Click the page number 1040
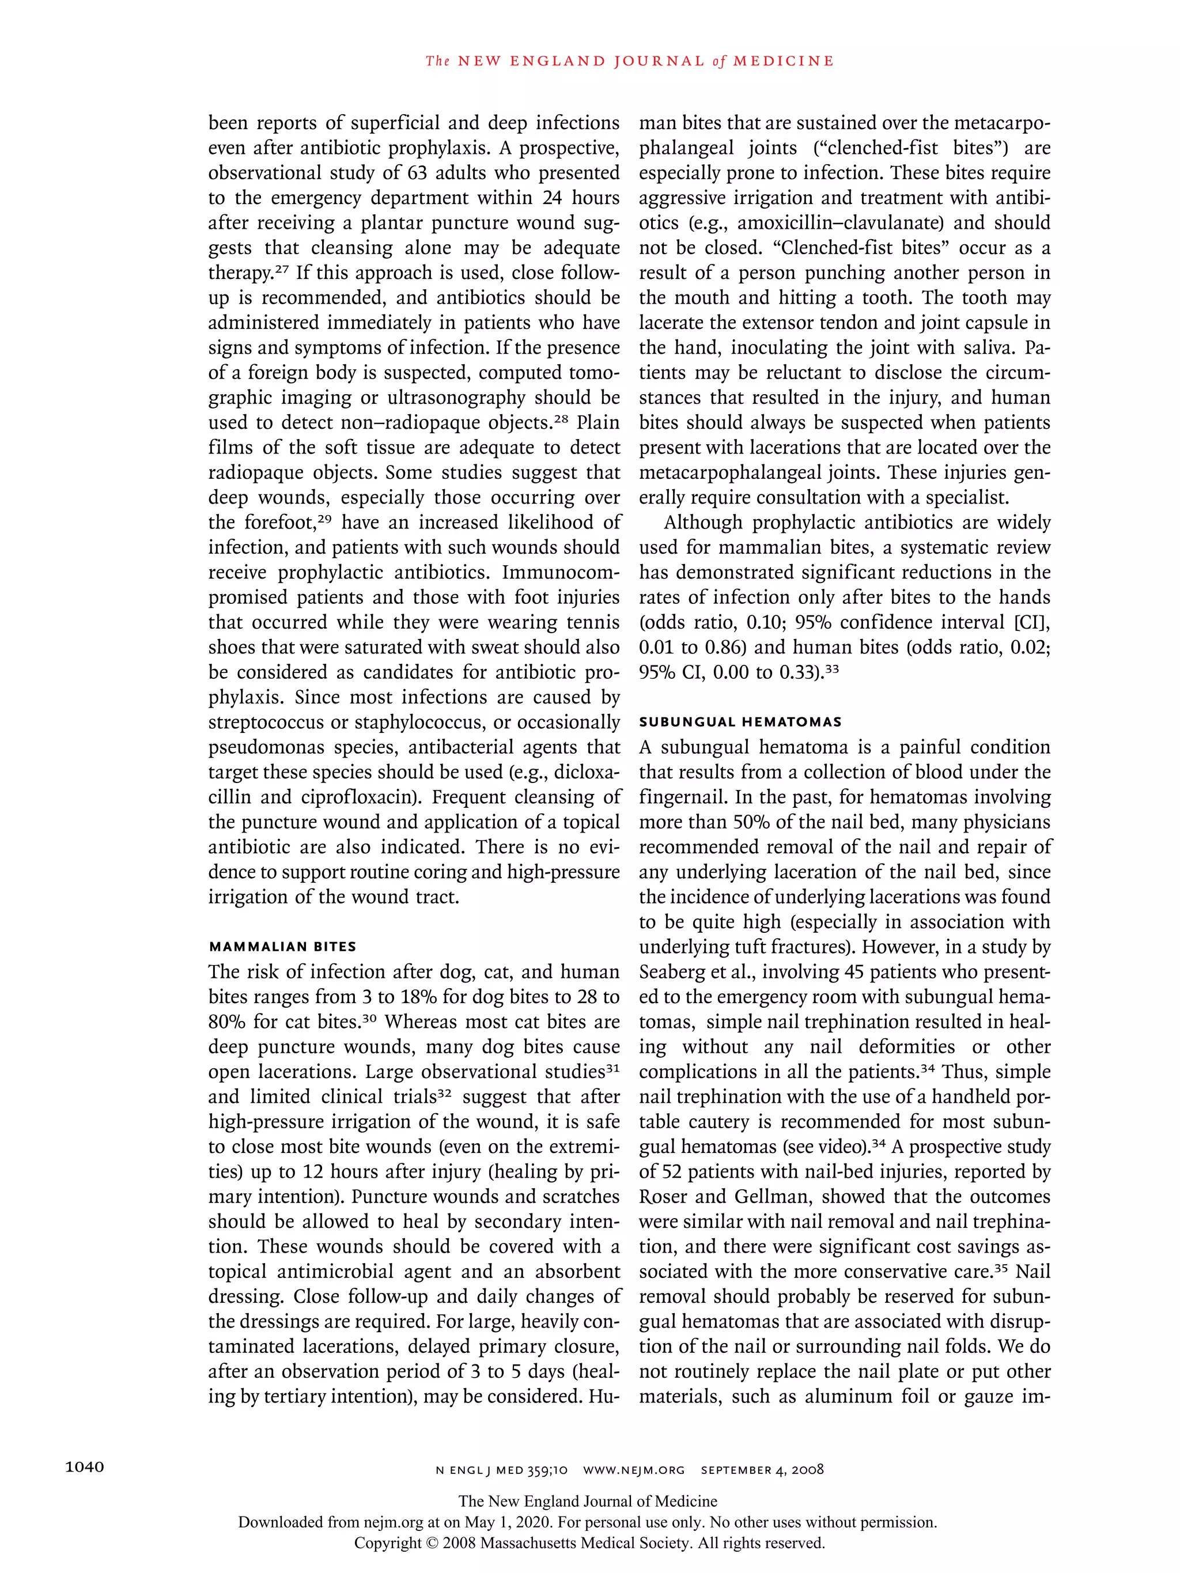tap(85, 1467)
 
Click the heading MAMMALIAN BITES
tap(282, 947)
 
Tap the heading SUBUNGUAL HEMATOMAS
tap(740, 722)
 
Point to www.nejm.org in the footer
tap(634, 1469)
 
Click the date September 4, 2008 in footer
tap(762, 1469)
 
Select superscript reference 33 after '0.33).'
tap(831, 668)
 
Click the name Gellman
tap(773, 1197)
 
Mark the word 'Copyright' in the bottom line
tap(388, 1543)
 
